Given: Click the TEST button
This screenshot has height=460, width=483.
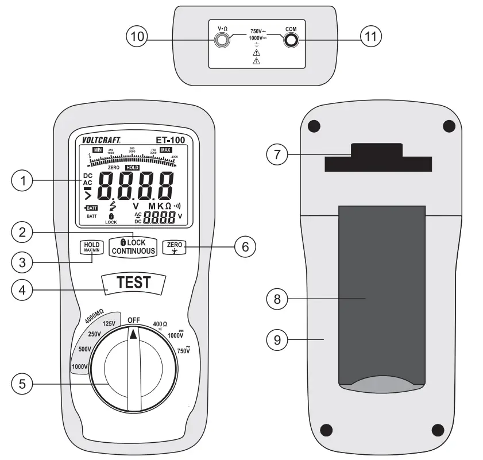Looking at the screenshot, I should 133,282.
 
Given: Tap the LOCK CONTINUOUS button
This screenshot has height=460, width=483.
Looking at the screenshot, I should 133,246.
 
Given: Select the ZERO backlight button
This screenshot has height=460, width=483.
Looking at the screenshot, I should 174,248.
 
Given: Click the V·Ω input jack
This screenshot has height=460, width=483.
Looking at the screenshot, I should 221,40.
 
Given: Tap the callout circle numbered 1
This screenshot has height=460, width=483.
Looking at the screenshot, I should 22,181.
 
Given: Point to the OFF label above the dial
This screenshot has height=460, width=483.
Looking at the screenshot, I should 134,320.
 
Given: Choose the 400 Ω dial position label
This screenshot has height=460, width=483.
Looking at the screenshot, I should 160,324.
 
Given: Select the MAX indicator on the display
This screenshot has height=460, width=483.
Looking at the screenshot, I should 165,150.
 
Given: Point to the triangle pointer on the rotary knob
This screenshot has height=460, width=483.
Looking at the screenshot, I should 134,333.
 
